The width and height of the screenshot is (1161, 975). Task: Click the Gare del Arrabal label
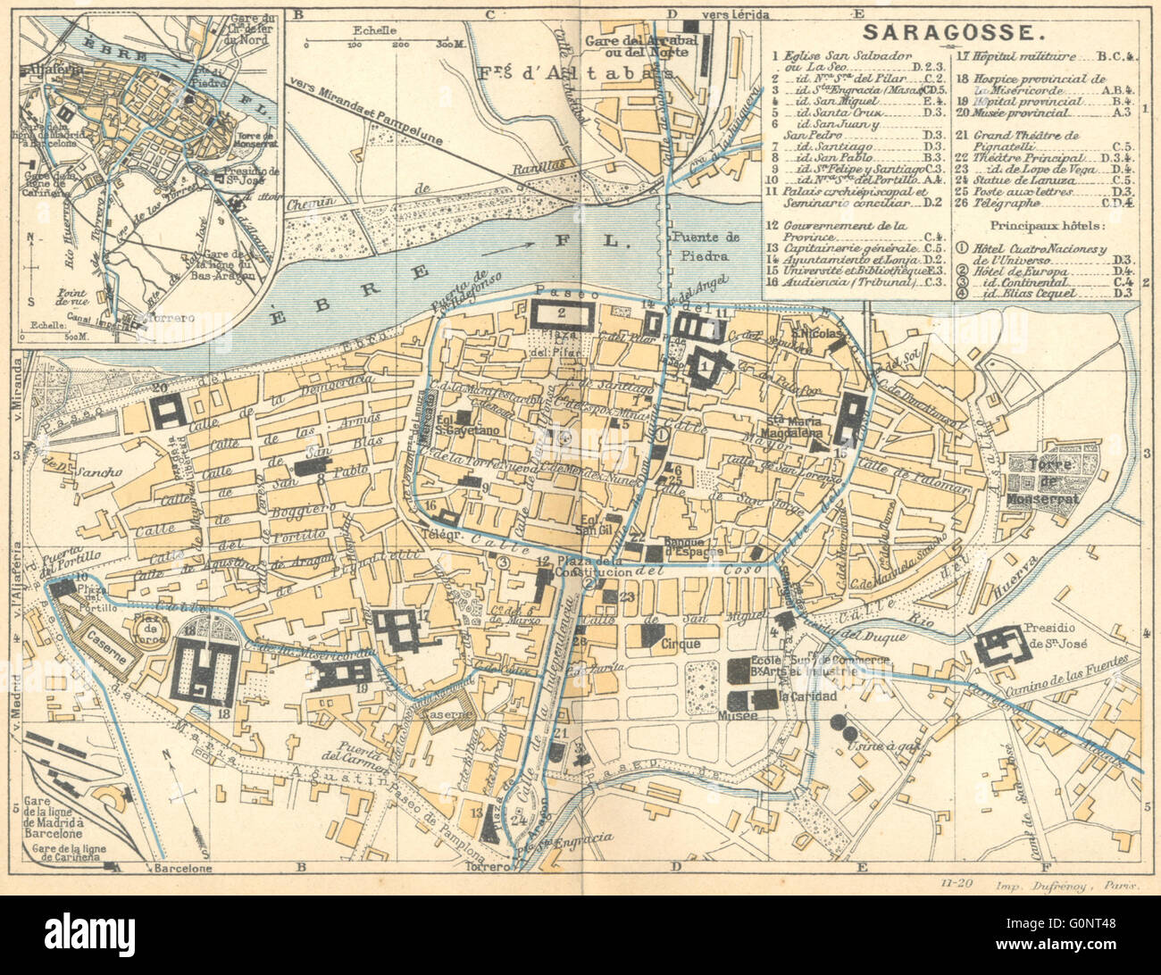click(639, 41)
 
